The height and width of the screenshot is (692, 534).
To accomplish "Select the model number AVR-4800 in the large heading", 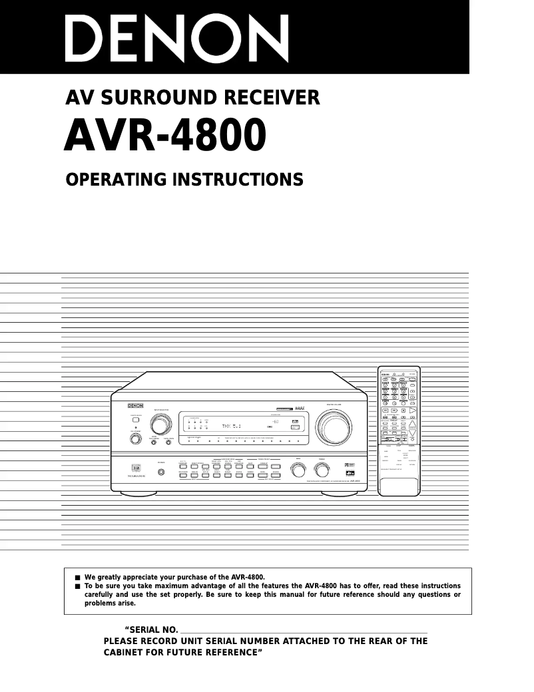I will tap(166, 136).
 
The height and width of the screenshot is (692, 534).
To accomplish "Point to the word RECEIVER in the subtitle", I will tap(274, 98).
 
